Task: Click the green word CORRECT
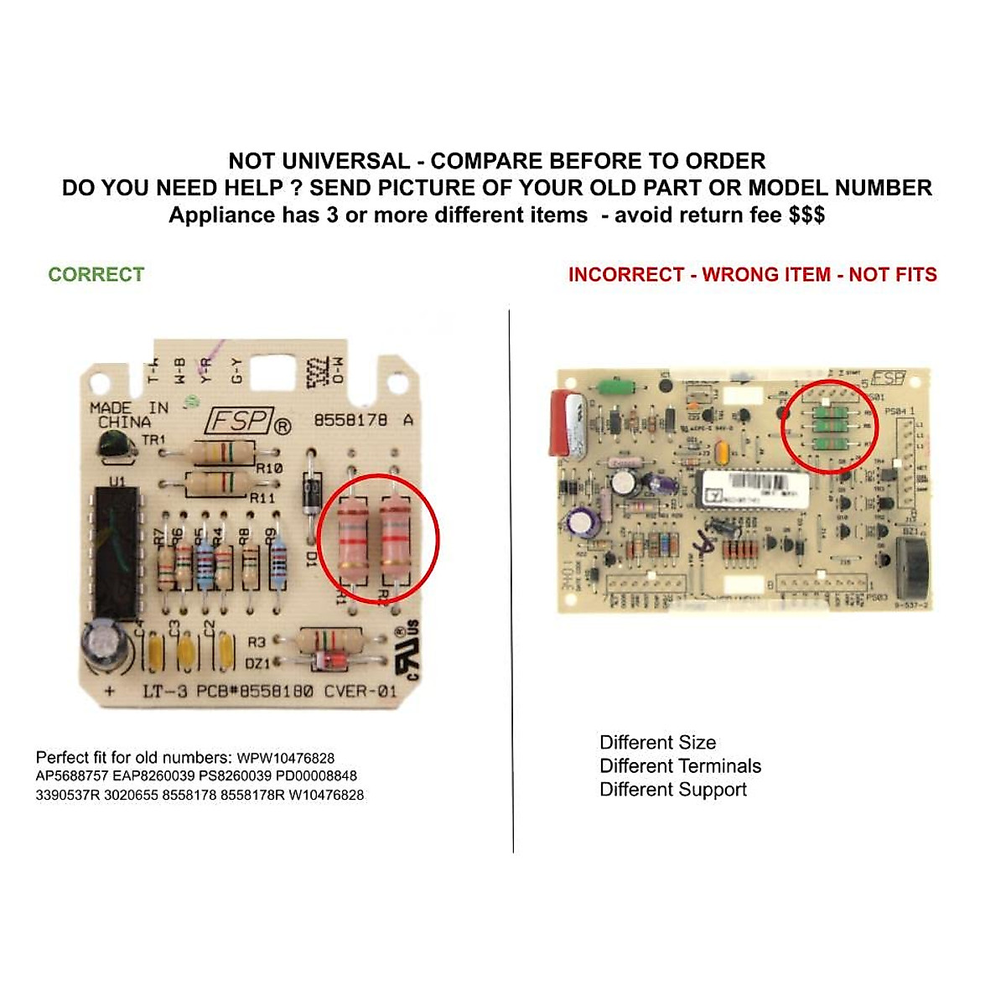pos(96,275)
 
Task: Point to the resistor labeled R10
pos(222,454)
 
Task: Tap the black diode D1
pos(312,495)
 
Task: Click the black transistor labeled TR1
pos(115,444)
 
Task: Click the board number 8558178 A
pos(362,420)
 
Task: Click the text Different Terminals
pos(680,766)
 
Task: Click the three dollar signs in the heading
pos(806,215)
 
